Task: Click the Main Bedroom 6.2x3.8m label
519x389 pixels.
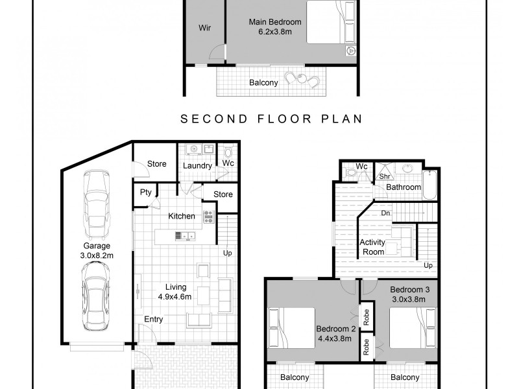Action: coord(275,27)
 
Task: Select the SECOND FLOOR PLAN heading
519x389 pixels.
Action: coord(271,119)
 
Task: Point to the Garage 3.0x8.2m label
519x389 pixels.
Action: coord(97,251)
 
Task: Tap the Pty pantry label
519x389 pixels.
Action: coord(145,193)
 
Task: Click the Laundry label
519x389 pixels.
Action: coord(197,165)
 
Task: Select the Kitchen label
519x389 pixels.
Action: coord(182,216)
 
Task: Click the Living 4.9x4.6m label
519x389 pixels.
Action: coord(176,292)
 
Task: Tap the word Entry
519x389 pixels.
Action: coord(154,320)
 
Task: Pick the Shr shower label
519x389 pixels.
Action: coord(384,176)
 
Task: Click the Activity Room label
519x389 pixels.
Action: coord(372,247)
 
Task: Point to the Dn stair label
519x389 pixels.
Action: coord(385,213)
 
